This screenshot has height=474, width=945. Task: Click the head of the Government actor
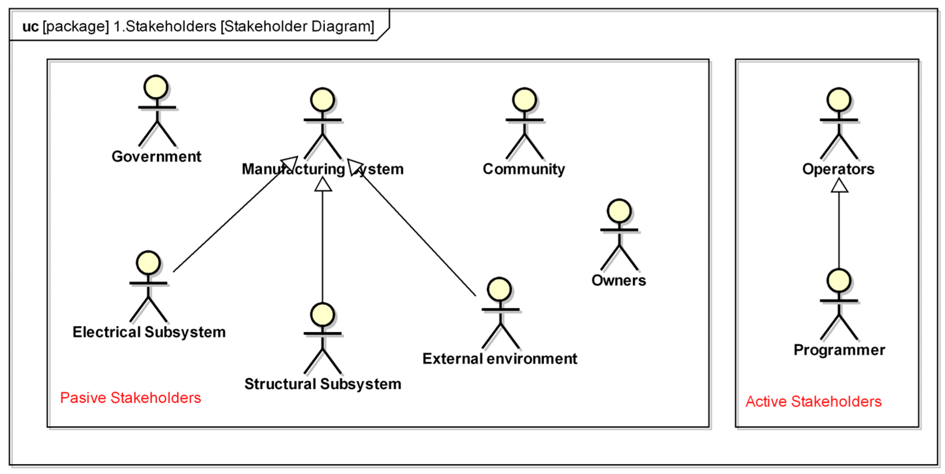pos(156,87)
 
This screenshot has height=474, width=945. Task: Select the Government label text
pos(156,156)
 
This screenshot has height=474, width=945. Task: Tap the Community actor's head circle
pos(524,100)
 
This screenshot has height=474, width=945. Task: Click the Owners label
pos(618,280)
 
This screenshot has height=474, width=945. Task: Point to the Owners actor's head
pos(619,211)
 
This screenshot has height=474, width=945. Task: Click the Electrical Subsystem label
pos(149,332)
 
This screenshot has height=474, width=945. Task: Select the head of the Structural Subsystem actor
pos(322,315)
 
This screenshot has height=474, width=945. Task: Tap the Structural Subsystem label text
pos(323,384)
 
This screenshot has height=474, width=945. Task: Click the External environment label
pos(500,359)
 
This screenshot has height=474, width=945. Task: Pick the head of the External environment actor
pos(499,289)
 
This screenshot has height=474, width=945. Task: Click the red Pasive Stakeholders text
pos(131,398)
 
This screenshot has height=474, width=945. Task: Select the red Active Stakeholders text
pos(813,402)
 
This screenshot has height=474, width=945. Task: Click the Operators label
pos(838,169)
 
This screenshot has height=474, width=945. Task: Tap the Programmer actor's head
pos(838,281)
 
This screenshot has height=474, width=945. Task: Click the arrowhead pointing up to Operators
pos(839,186)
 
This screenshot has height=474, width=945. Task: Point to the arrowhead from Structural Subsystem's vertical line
pos(323,185)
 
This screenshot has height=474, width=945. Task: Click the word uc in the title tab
pos(30,27)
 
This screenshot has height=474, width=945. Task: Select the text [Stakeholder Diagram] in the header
pos(297,27)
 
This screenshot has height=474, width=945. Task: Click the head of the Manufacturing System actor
pos(322,100)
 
